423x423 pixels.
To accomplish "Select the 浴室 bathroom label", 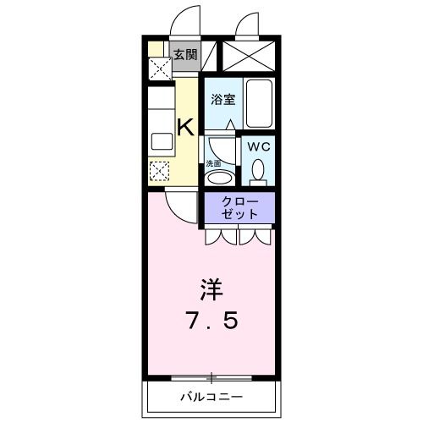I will click(x=222, y=97).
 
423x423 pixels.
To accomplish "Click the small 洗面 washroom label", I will click(x=214, y=163).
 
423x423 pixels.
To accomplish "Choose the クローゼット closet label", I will click(x=239, y=208).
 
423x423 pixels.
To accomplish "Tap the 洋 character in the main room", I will click(x=211, y=290).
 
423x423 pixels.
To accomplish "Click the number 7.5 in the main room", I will click(x=212, y=321).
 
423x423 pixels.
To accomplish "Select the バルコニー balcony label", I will click(x=211, y=397).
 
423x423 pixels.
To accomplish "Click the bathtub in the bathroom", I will click(x=259, y=104).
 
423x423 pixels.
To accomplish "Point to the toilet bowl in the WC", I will click(x=258, y=173).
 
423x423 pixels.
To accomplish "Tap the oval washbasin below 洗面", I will click(x=219, y=179).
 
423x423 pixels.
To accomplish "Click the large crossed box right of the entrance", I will click(x=247, y=57).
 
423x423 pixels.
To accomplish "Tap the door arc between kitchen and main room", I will click(x=179, y=203).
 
